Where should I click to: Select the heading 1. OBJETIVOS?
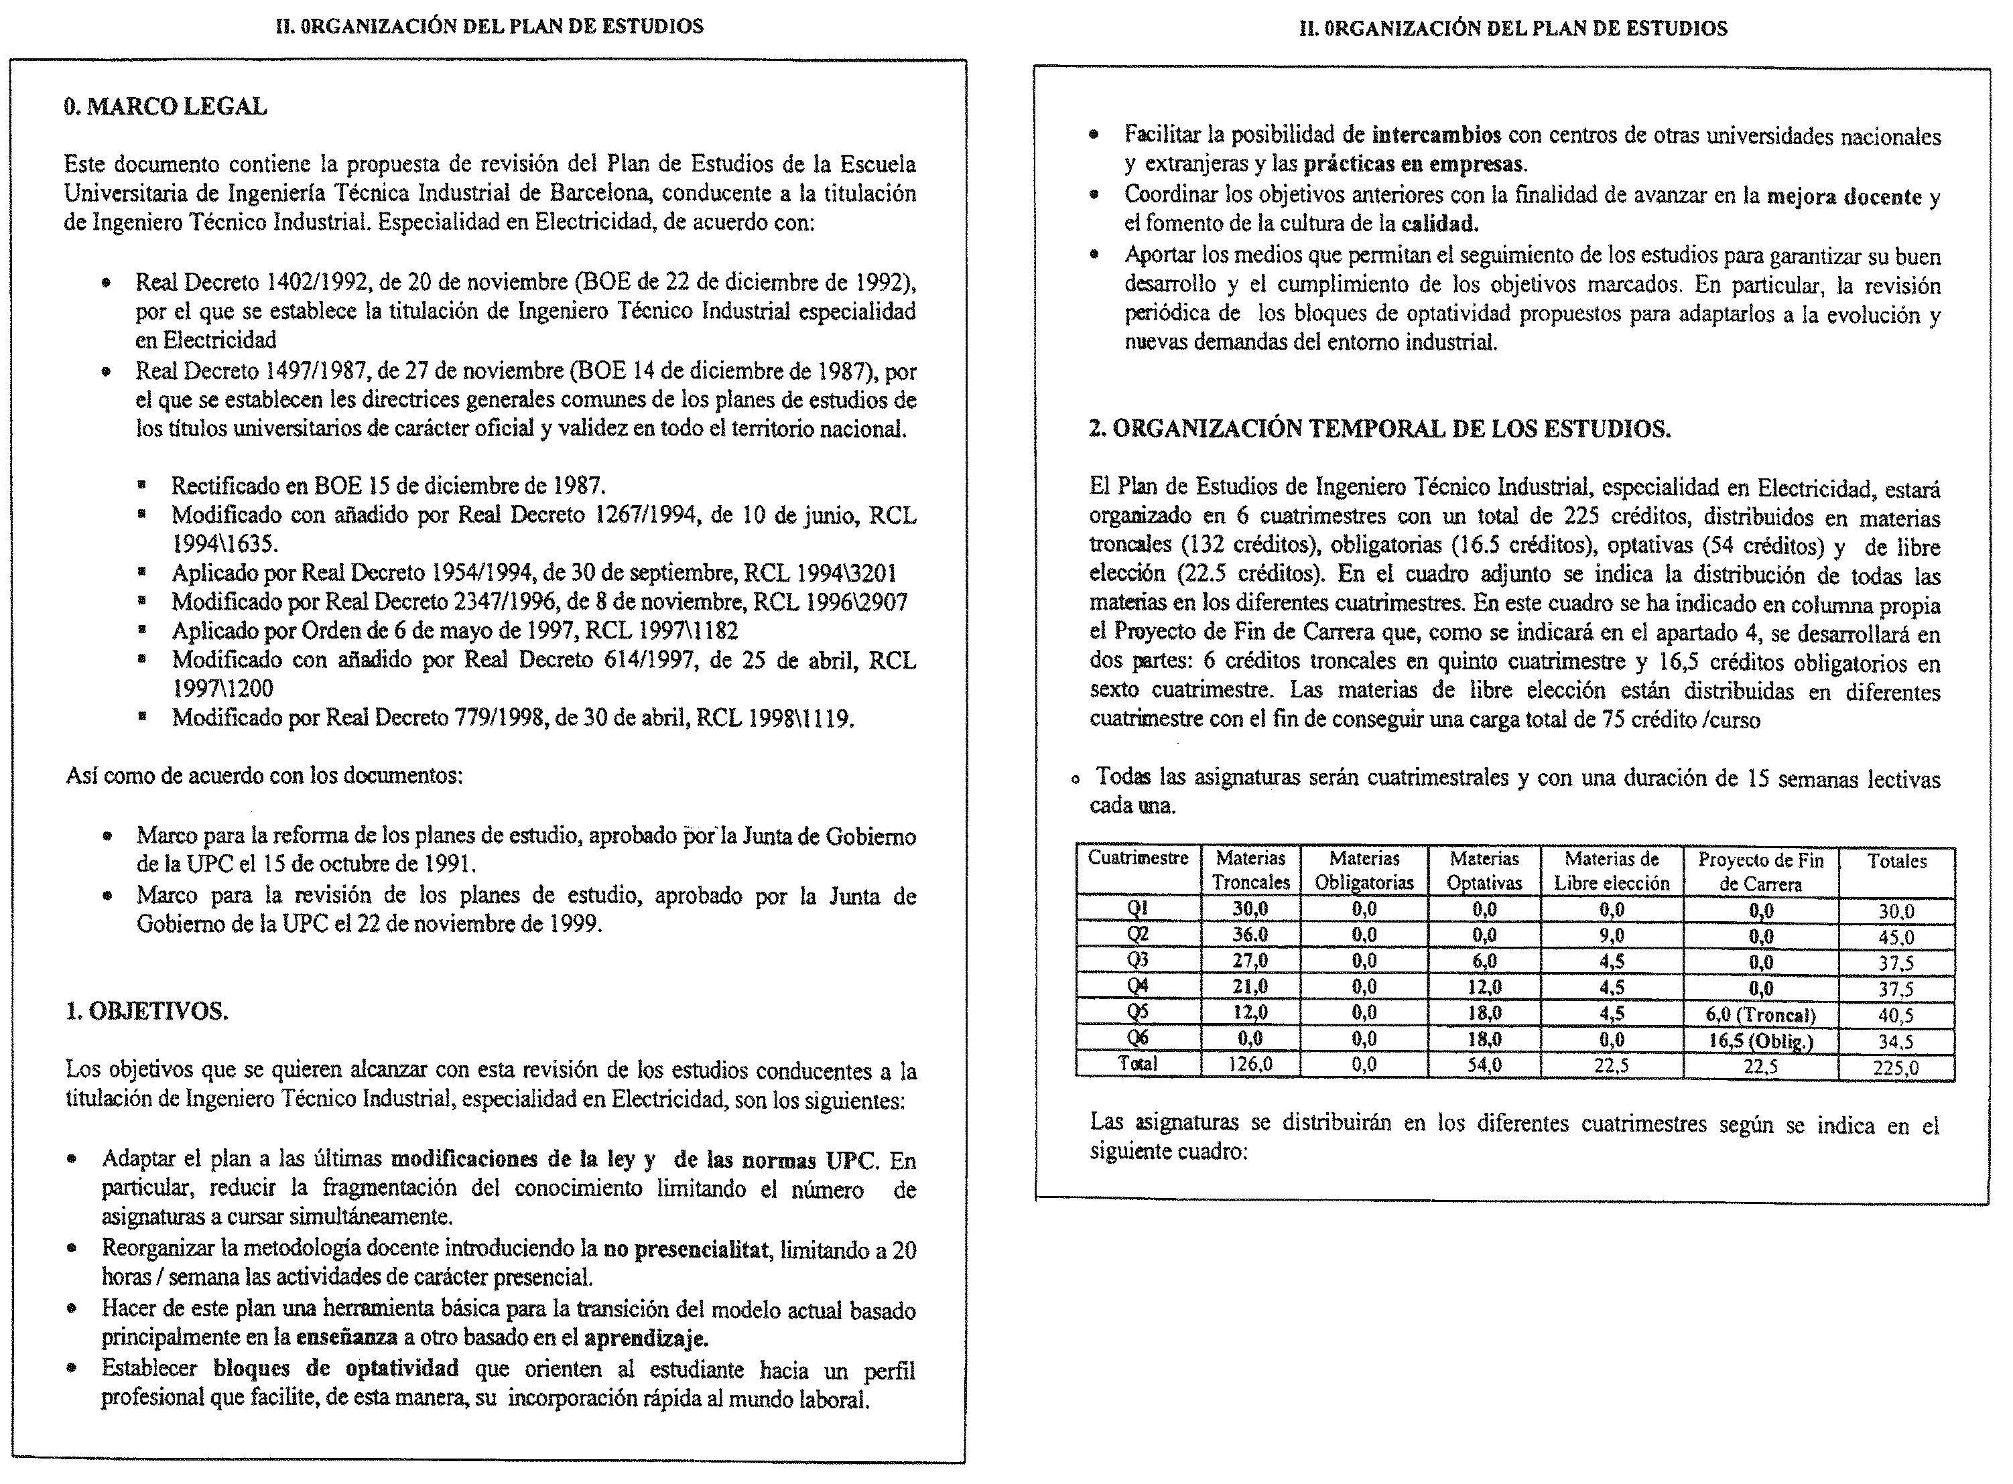coord(146,1012)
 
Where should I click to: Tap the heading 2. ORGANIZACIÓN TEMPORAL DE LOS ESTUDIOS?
coord(1380,429)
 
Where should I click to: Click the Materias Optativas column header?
coord(1484,870)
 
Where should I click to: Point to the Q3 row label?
coord(1137,960)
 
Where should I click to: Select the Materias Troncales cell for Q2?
coord(1250,935)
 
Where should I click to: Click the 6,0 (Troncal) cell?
coord(1760,1015)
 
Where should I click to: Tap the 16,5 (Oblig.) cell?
coord(1760,1041)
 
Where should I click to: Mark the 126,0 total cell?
coord(1250,1065)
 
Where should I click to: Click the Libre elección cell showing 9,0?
coord(1612,936)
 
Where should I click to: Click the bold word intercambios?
coord(1436,135)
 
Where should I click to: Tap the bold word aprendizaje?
coord(645,1337)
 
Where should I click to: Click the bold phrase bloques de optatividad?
coord(336,1368)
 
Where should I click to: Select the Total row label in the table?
coord(1137,1065)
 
